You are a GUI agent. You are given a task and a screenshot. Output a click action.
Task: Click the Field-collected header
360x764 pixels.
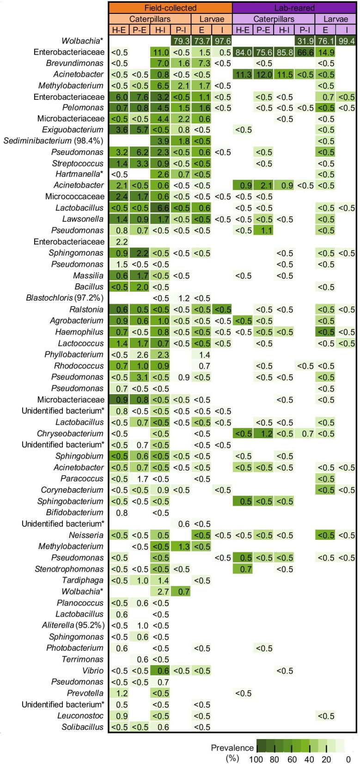tap(170, 8)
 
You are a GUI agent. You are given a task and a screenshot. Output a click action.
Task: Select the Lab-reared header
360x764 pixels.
tap(294, 8)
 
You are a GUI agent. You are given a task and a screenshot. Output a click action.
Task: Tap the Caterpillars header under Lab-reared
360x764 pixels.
tap(274, 19)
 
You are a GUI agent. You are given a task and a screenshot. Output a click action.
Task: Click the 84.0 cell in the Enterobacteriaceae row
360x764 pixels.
tap(243, 52)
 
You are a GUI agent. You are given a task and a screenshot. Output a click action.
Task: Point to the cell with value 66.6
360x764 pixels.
tap(305, 52)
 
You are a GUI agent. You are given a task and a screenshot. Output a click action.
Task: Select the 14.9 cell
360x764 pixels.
tap(325, 52)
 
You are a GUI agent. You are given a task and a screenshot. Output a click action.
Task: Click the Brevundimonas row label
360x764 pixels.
tap(75, 63)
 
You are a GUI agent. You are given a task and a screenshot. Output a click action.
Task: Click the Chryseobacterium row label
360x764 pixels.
tap(70, 434)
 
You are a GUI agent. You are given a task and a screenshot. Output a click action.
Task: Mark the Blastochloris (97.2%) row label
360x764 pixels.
tap(65, 298)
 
